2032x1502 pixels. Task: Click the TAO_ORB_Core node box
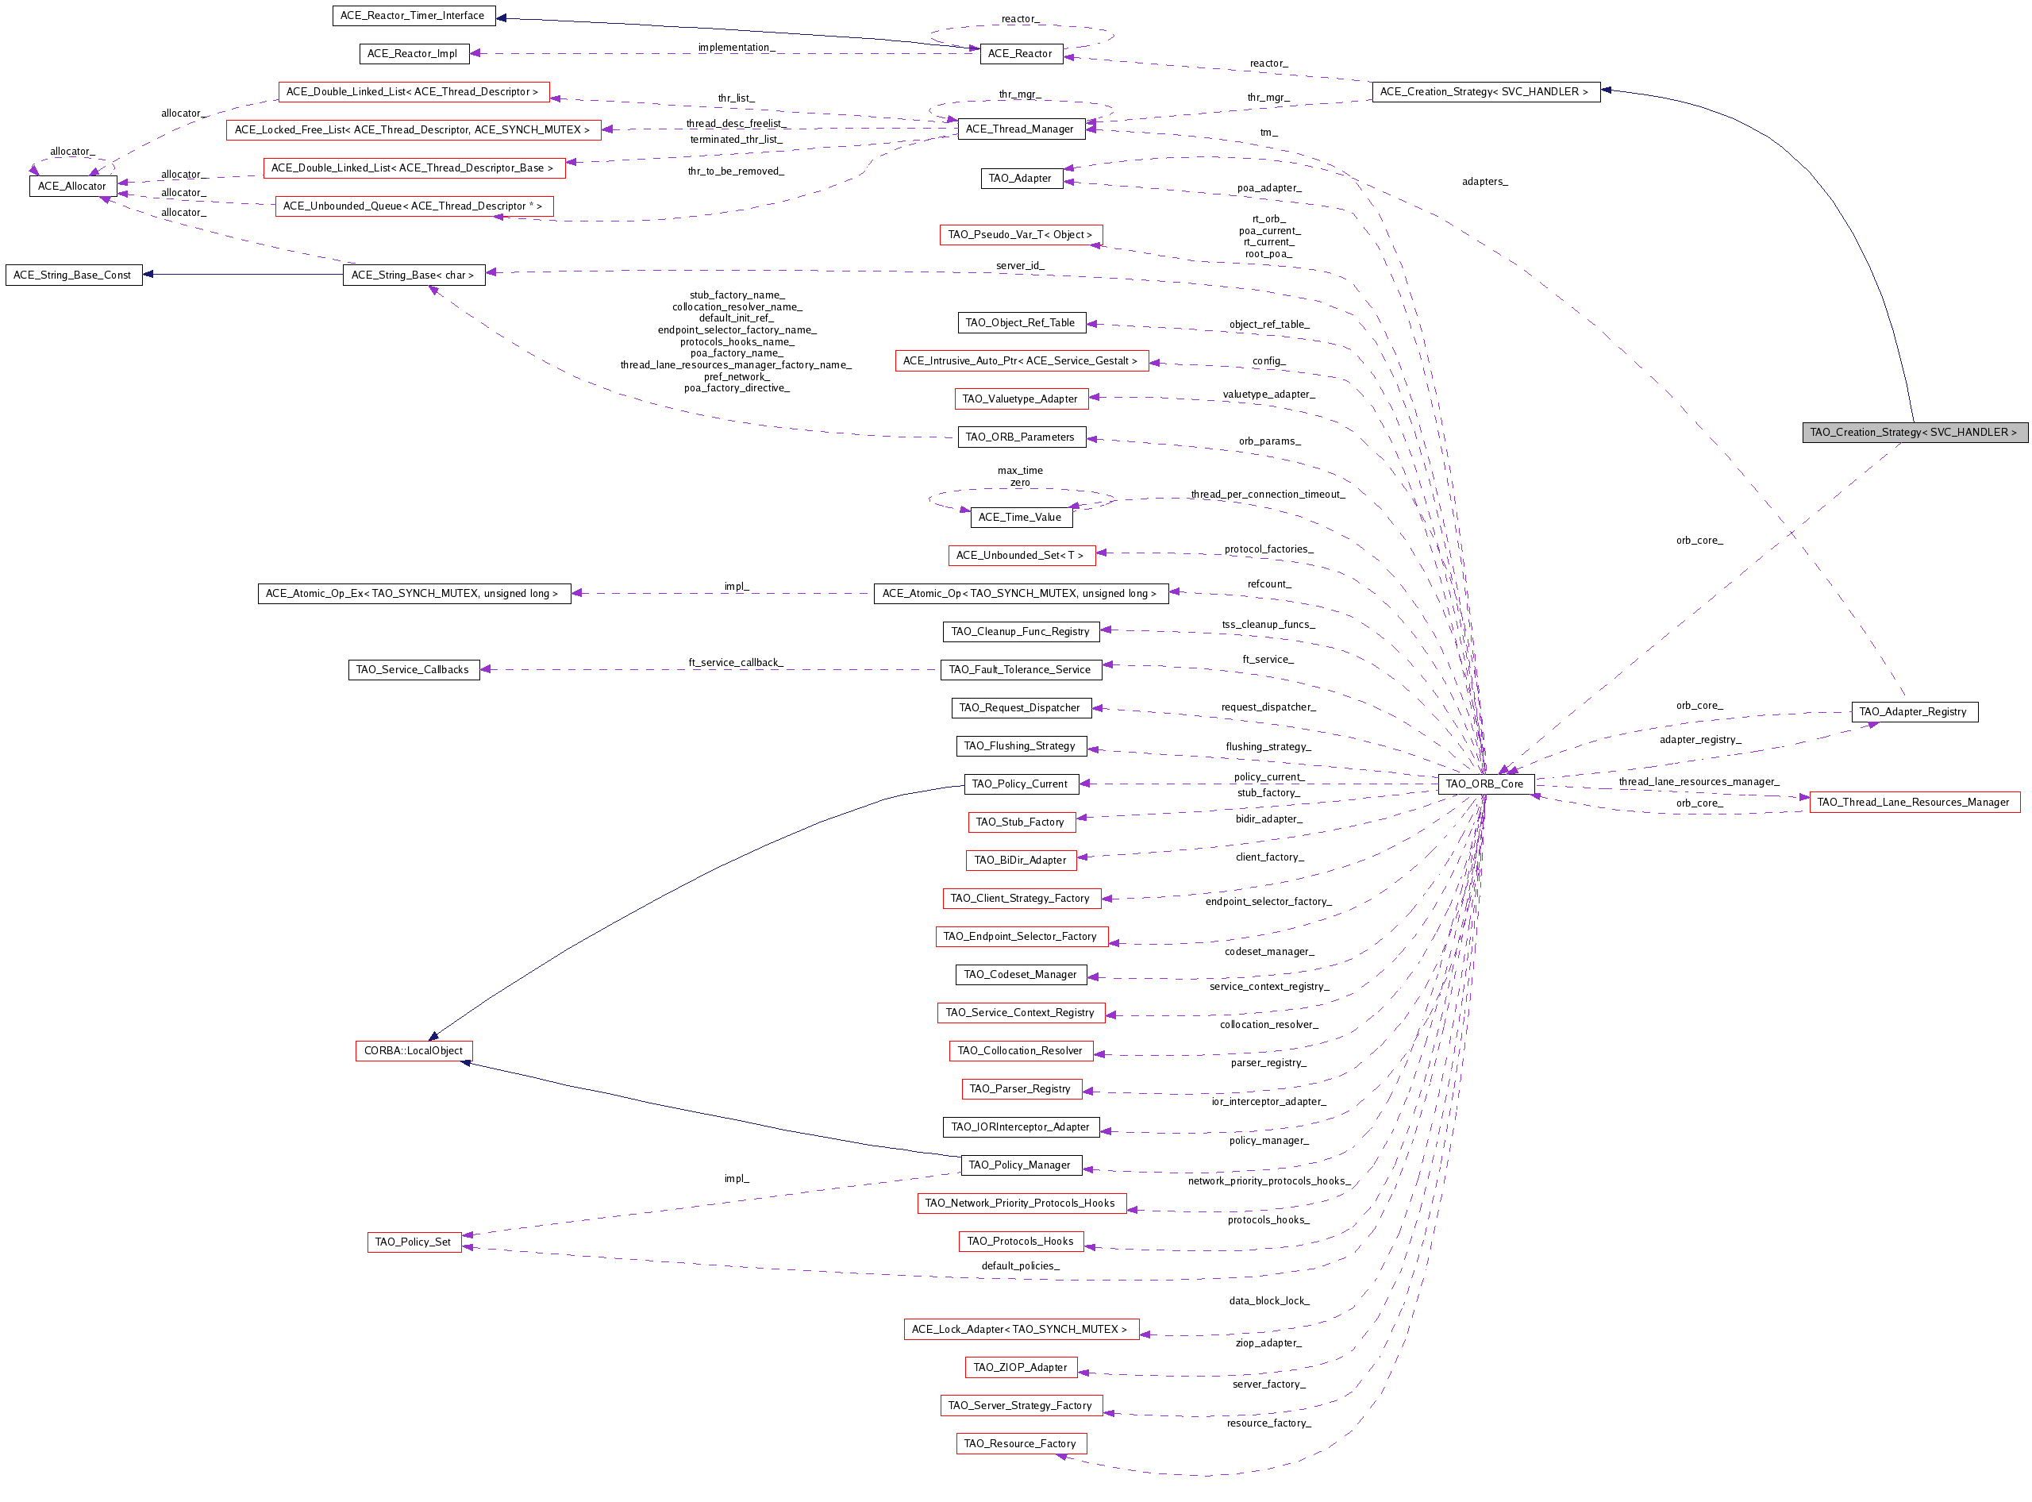click(1484, 784)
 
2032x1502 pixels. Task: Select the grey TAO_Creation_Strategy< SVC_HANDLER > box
click(1913, 433)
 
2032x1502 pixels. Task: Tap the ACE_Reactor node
click(1020, 54)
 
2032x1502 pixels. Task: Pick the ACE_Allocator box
click(73, 187)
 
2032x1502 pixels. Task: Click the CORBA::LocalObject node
click(414, 1051)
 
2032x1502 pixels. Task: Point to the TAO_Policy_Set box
click(414, 1242)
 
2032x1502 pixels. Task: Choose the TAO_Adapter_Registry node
click(1913, 712)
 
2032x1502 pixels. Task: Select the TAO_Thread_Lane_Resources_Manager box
click(1913, 803)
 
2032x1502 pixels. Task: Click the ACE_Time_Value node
click(1020, 518)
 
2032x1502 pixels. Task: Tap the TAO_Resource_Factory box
click(1020, 1444)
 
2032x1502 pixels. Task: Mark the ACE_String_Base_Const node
click(73, 275)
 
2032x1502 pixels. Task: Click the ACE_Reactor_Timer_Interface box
click(413, 15)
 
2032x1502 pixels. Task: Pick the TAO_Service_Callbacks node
click(413, 670)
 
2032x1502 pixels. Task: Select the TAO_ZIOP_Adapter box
click(1020, 1367)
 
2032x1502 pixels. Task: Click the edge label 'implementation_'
click(737, 48)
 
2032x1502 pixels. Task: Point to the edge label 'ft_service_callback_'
click(736, 663)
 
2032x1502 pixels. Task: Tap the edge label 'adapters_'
click(1484, 182)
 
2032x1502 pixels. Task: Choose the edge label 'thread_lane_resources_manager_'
click(1699, 782)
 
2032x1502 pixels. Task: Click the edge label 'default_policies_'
click(1020, 1266)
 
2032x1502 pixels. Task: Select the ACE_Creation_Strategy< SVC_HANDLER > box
click(1484, 92)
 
